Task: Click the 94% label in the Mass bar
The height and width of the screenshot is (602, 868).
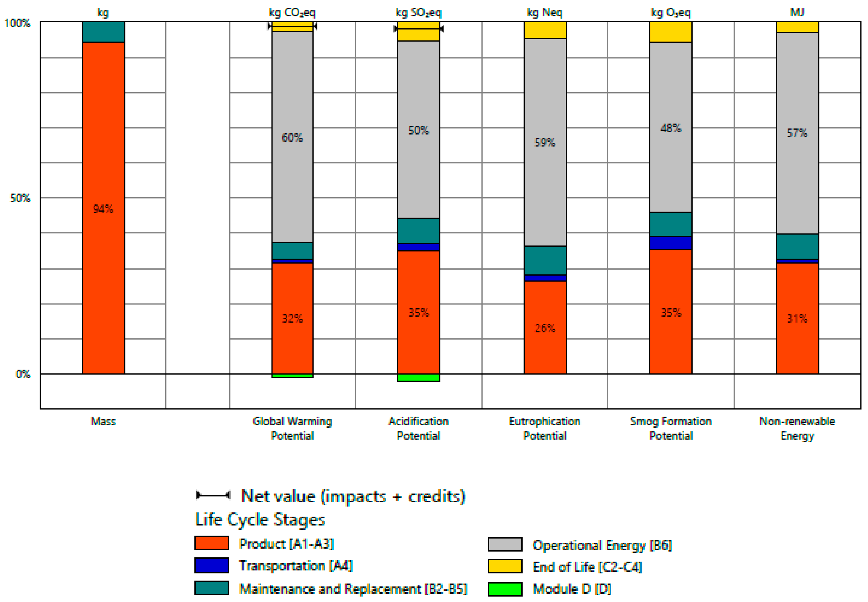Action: (103, 209)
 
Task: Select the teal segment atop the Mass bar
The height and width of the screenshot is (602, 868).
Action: (103, 32)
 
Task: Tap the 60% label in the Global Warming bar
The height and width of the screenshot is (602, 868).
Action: (292, 137)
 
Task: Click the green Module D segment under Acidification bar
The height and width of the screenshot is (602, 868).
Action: (419, 378)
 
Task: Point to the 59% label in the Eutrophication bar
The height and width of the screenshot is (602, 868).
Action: (545, 142)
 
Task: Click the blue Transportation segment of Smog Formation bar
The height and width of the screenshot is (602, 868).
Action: (671, 243)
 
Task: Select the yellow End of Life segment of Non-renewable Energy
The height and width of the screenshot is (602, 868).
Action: (797, 27)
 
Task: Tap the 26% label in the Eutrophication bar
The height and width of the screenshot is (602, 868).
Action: (545, 328)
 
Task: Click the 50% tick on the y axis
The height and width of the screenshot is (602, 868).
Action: (20, 198)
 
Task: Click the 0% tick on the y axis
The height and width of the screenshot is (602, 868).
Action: (23, 374)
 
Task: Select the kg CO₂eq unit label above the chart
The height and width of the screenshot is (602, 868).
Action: (292, 12)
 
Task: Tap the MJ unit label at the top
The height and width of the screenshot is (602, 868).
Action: (797, 12)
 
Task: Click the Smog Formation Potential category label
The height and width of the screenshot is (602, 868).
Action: (671, 428)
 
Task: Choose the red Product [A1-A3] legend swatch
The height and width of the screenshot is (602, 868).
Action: (211, 543)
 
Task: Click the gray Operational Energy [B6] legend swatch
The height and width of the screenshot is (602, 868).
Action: (505, 544)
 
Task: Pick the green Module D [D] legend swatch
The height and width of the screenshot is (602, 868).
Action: (505, 589)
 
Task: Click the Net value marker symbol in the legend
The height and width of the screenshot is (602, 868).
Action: (213, 495)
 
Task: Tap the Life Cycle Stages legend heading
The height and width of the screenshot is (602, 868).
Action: (260, 519)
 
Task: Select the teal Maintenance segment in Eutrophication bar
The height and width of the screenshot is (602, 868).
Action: (545, 260)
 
